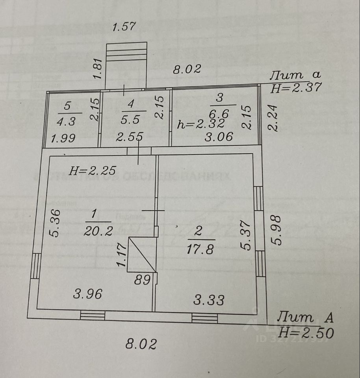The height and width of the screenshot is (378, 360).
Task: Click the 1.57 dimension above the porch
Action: coord(124,27)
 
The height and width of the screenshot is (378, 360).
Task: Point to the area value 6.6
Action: coord(223,113)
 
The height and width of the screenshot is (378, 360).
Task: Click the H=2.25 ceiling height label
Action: coord(93,170)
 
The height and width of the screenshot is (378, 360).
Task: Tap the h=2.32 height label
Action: coord(201,124)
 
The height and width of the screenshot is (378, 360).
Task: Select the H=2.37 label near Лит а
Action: coord(296,88)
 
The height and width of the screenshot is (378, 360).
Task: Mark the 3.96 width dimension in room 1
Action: coord(88,294)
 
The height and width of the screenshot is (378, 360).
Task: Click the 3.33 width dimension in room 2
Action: coord(209,300)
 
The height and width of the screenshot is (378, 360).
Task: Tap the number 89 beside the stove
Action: coord(142,280)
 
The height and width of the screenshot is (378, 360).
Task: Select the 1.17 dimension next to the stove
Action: coord(122,256)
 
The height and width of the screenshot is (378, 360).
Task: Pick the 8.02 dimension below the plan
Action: coord(141,344)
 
